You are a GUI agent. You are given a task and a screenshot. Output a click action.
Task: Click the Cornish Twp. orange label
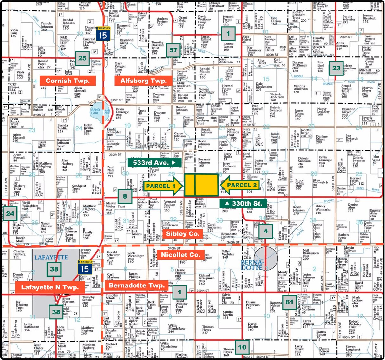(x=67, y=81)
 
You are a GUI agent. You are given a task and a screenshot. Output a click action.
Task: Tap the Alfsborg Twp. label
(x=143, y=81)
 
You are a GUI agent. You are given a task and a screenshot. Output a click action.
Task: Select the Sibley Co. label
(x=182, y=234)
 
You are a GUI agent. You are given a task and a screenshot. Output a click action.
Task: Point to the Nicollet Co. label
(x=180, y=255)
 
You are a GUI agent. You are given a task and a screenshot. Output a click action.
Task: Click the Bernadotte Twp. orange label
(x=136, y=285)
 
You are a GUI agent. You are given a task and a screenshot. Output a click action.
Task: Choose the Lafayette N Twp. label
(x=50, y=287)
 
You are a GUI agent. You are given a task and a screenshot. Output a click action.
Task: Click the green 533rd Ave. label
(x=154, y=163)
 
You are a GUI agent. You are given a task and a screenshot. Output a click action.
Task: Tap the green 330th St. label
(x=243, y=204)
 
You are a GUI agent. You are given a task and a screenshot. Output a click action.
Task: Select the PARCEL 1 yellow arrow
(x=163, y=186)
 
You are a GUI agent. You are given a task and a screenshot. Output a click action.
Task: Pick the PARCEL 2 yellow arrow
(x=240, y=185)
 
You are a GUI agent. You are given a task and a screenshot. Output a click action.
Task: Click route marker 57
(x=173, y=50)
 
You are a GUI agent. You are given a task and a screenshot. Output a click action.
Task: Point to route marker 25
(x=82, y=58)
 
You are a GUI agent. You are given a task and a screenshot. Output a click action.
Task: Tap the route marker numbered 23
(x=336, y=68)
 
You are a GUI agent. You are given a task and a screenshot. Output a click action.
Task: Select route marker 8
(x=125, y=196)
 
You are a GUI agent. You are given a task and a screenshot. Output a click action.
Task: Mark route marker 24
(x=10, y=213)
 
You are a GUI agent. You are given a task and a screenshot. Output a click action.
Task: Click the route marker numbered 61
(x=290, y=302)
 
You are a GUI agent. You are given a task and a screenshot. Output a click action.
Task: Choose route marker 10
(x=242, y=347)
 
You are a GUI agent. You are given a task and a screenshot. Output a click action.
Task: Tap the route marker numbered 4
(x=266, y=231)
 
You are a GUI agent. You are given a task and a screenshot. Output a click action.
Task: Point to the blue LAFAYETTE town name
(x=51, y=257)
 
